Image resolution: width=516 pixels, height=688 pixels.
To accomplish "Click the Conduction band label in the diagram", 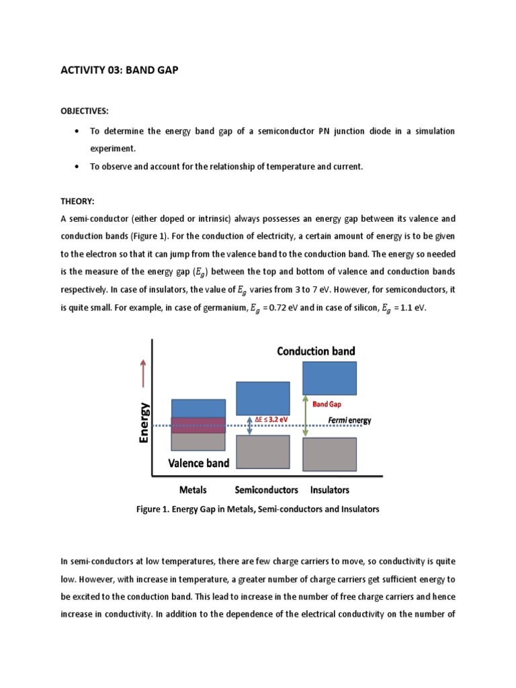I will [316, 351].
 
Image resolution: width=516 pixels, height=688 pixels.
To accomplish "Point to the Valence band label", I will [198, 463].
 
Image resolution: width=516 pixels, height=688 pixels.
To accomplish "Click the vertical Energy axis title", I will [144, 422].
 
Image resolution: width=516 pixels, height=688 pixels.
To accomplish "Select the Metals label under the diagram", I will [194, 489].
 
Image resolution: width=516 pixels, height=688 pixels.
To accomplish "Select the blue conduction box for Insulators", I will [330, 378].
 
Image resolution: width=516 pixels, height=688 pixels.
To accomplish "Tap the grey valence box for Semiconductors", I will [262, 451].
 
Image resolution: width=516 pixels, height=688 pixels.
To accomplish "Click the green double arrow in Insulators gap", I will [306, 417].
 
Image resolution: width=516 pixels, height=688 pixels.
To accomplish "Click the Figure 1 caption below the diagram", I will [257, 509].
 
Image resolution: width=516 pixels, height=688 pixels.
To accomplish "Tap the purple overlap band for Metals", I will [198, 425].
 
